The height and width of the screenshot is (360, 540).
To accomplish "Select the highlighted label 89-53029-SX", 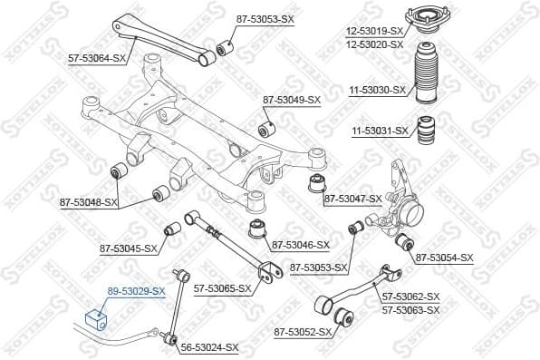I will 136,291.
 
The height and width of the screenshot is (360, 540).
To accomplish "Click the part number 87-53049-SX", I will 292,100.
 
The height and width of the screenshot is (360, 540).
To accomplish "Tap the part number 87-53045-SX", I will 128,248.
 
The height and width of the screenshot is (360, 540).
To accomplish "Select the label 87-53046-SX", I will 300,245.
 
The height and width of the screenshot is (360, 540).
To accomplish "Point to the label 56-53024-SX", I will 209,347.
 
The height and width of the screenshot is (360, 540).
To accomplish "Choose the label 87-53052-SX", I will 304,333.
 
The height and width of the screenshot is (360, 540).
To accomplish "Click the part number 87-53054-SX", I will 445,258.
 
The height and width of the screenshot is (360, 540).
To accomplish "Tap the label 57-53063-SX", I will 410,310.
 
